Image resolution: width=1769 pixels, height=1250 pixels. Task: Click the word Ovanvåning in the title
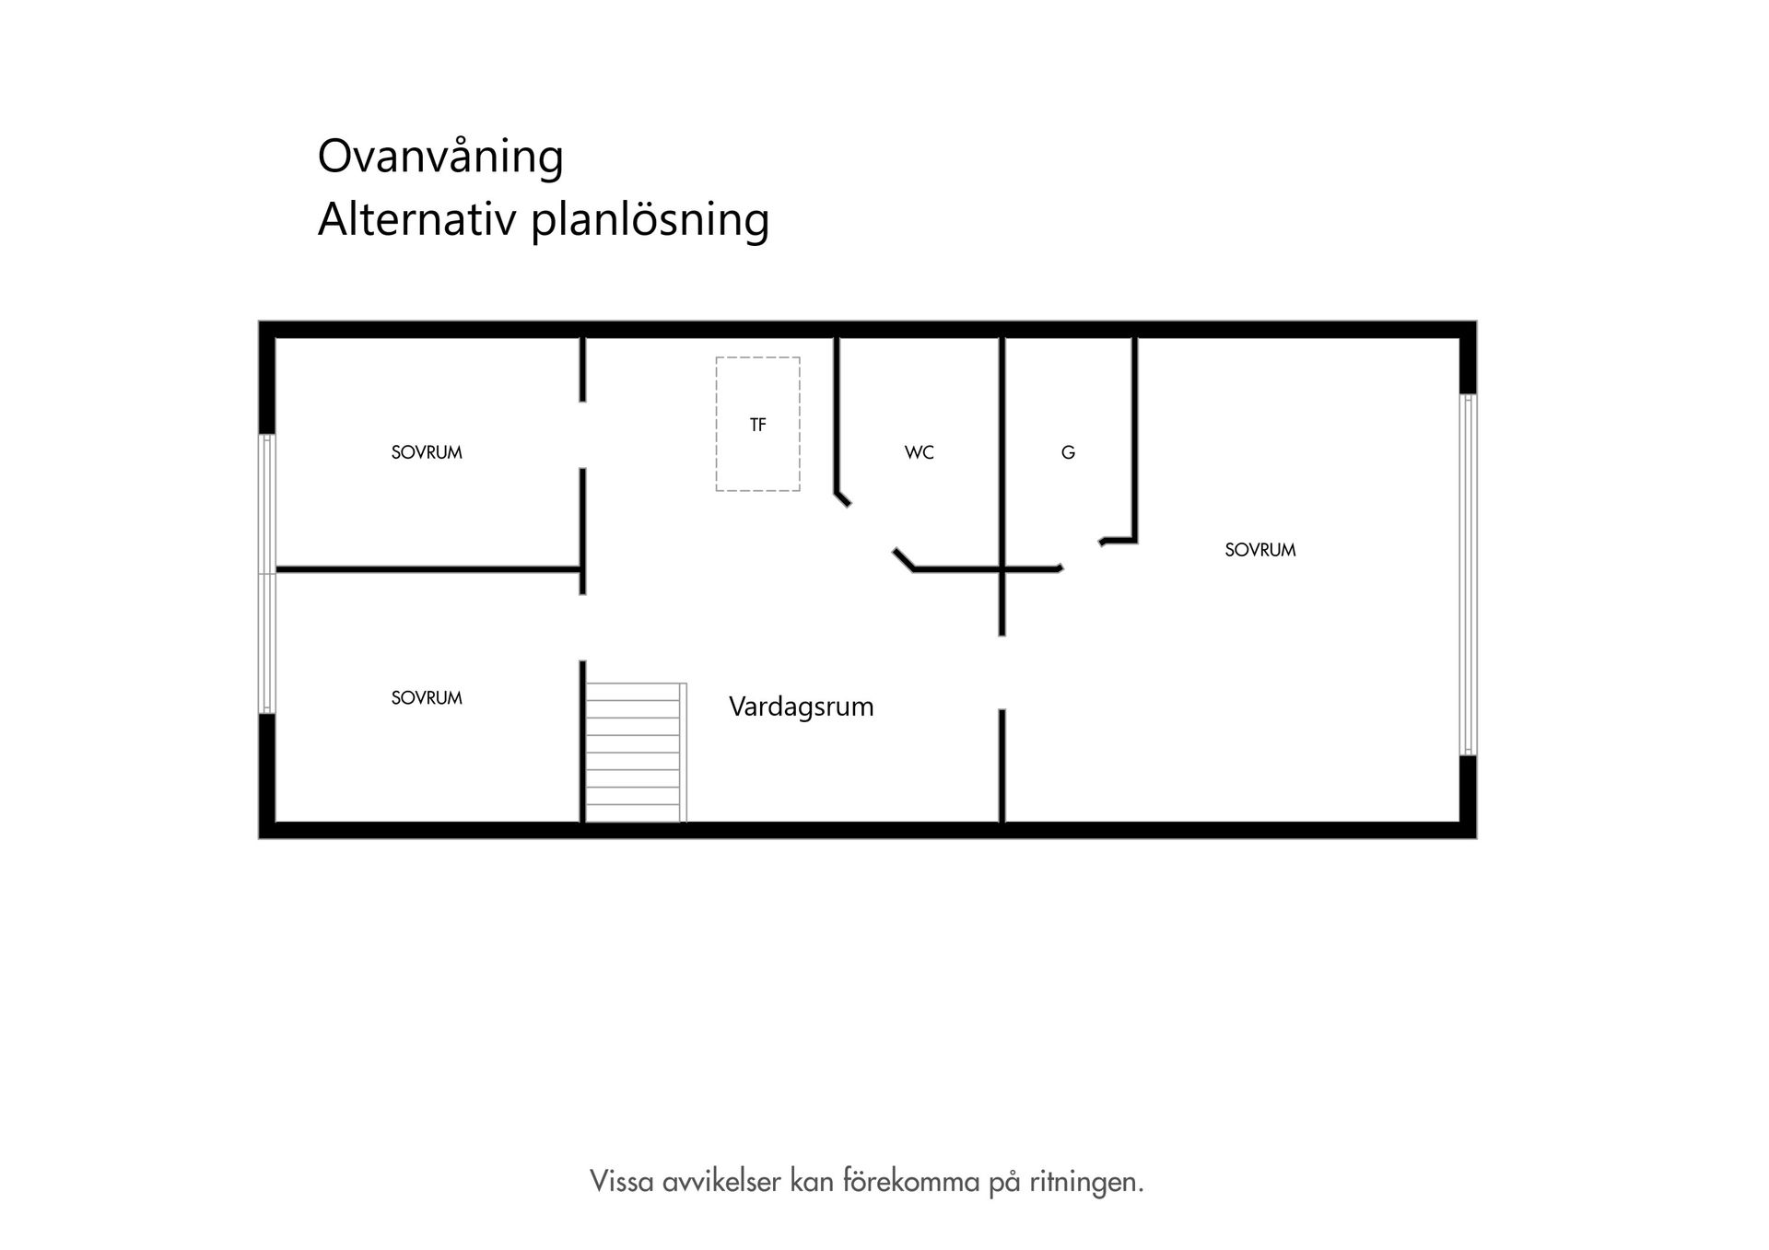click(440, 158)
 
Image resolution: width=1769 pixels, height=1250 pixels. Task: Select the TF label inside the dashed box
click(757, 425)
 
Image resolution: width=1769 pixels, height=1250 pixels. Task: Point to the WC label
click(919, 452)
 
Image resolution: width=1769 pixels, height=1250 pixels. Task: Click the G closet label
click(1068, 452)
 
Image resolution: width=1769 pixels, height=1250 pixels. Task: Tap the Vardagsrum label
click(801, 707)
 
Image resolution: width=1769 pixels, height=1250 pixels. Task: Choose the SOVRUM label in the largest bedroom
click(1259, 550)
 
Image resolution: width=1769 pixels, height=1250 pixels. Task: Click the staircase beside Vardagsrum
click(635, 752)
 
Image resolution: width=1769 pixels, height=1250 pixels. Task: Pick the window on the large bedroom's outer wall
click(1468, 575)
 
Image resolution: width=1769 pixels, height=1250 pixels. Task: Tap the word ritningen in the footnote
click(1086, 1182)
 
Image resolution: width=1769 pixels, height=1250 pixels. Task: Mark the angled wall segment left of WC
click(842, 499)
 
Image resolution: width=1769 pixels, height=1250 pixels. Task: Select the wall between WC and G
click(1002, 451)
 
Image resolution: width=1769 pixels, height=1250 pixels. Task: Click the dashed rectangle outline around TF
click(717, 424)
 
